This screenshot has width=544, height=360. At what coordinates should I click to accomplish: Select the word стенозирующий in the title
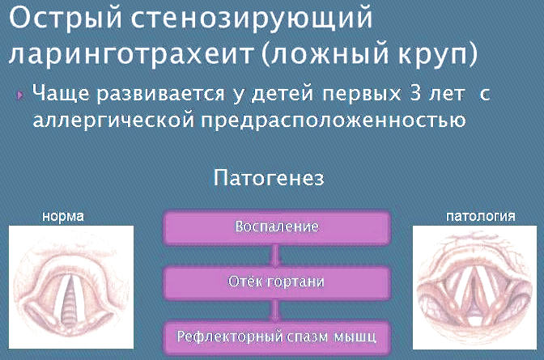[x=252, y=19]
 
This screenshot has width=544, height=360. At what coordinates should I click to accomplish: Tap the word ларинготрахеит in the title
[x=131, y=54]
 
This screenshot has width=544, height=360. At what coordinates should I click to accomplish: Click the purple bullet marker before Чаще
[x=19, y=95]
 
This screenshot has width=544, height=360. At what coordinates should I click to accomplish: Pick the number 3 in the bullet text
[x=415, y=93]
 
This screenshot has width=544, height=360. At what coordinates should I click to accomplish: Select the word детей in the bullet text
[x=282, y=94]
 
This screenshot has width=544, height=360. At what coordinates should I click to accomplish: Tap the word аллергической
[x=113, y=121]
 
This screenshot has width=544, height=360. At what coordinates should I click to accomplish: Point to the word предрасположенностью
[x=333, y=121]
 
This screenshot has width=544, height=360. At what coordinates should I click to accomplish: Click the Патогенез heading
[x=269, y=178]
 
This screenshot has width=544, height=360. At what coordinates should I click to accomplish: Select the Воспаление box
[x=277, y=227]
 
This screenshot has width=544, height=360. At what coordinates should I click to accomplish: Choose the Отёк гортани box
[x=277, y=282]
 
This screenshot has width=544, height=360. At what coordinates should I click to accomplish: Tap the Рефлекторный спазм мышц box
[x=277, y=337]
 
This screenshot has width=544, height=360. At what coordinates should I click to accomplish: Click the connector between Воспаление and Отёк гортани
[x=275, y=256]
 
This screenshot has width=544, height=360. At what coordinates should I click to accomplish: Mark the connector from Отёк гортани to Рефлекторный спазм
[x=275, y=311]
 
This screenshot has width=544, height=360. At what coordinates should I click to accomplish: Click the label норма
[x=63, y=217]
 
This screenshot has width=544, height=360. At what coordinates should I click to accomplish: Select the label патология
[x=481, y=216]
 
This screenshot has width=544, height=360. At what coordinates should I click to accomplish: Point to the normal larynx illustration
[x=71, y=287]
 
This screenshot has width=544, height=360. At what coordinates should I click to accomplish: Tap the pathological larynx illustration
[x=474, y=287]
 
